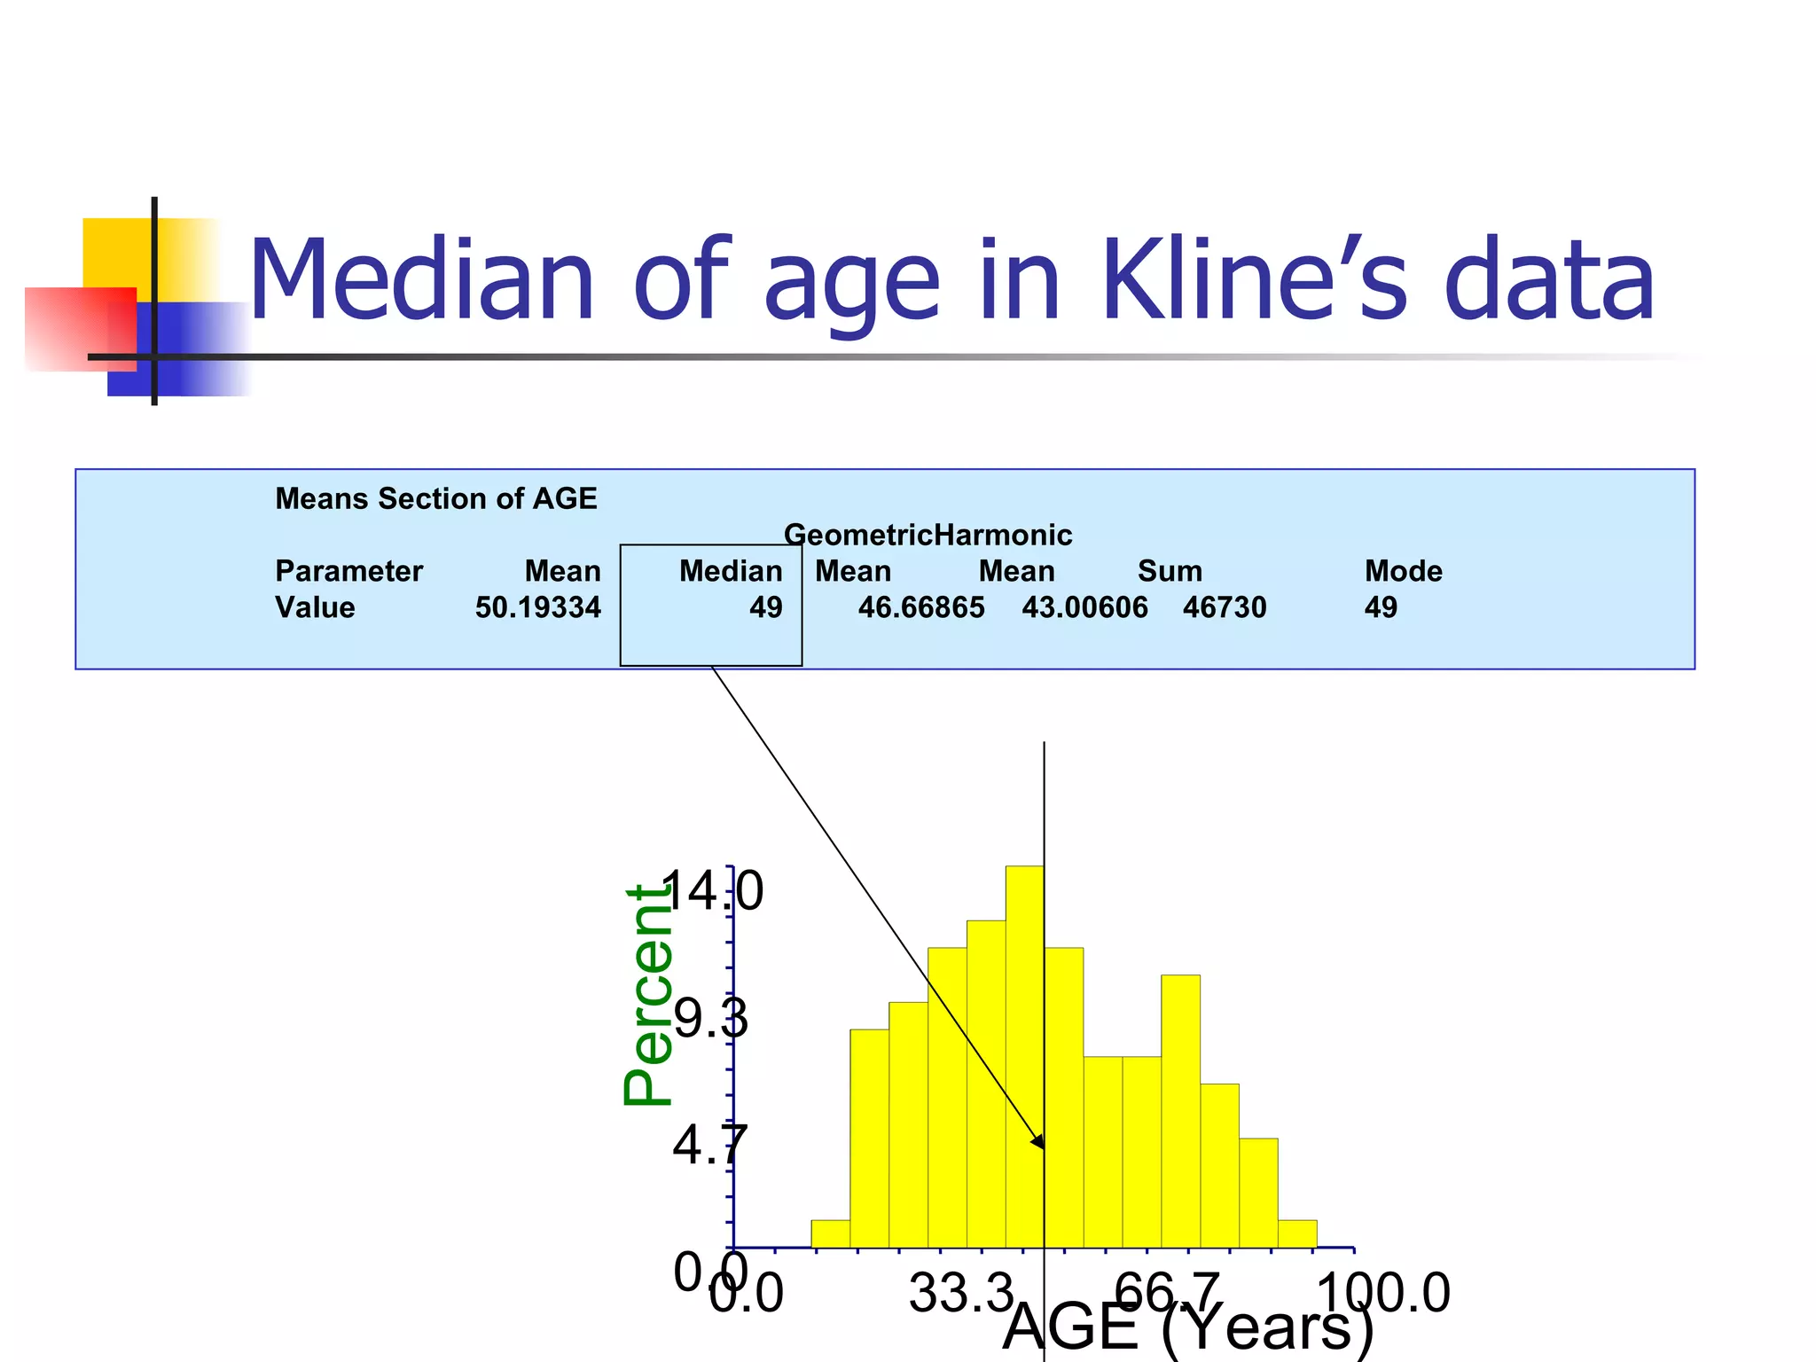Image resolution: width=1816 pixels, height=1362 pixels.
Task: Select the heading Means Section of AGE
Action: (436, 499)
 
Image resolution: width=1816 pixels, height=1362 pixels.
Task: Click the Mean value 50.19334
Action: (537, 607)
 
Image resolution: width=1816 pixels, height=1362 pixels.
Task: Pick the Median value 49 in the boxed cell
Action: (765, 607)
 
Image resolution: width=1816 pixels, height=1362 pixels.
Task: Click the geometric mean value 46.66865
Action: (921, 607)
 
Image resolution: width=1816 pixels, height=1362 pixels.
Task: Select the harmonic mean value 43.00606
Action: (1084, 607)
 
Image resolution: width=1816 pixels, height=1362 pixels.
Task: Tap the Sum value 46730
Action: (1225, 607)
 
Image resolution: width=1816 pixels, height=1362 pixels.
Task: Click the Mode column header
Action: (1403, 571)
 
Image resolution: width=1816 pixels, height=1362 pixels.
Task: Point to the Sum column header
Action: (1170, 571)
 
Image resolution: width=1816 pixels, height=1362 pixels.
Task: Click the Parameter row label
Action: (348, 571)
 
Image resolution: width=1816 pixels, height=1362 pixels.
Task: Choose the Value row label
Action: (315, 607)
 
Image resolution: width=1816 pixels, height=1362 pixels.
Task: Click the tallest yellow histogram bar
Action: (1024, 1055)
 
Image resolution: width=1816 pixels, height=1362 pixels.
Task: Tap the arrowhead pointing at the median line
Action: (1038, 1142)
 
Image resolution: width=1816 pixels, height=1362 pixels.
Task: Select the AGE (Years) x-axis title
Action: (1188, 1327)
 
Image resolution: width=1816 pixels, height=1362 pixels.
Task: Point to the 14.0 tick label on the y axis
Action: (711, 891)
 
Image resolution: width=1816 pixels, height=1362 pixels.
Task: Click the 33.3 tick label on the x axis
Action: (960, 1293)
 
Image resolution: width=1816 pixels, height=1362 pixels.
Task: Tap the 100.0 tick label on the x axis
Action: (1383, 1293)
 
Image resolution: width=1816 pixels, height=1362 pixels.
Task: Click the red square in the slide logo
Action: (80, 328)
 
